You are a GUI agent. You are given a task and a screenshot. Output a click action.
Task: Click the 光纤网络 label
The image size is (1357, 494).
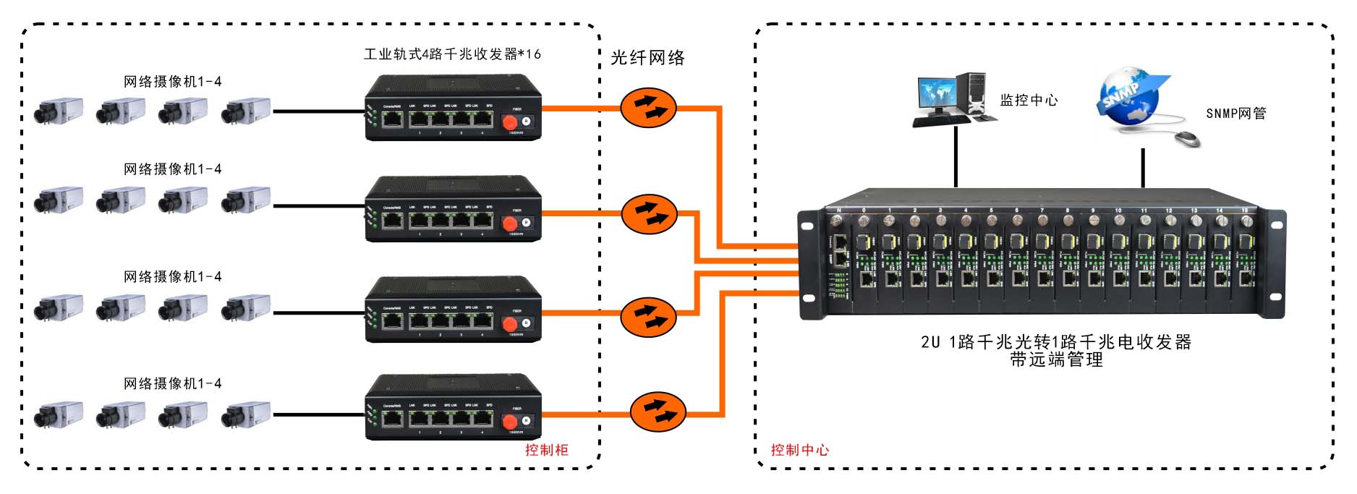647,58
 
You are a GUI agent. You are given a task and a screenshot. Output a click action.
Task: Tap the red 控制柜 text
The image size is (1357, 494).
547,450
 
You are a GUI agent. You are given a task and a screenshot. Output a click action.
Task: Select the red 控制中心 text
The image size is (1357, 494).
800,450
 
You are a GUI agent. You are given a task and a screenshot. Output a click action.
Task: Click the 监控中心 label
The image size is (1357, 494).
1029,101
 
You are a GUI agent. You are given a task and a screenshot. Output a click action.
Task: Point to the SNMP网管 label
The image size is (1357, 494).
1236,114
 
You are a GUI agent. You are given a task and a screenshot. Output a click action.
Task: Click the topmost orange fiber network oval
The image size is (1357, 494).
648,108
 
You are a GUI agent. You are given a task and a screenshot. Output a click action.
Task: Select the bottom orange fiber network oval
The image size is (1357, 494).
658,411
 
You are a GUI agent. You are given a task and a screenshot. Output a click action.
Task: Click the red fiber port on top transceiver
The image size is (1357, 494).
509,123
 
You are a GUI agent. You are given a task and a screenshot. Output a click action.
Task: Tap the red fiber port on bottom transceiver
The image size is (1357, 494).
509,422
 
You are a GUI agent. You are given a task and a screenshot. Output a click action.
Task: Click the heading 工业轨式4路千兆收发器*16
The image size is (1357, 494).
452,54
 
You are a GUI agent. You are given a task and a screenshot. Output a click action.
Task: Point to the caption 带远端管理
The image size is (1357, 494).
1057,360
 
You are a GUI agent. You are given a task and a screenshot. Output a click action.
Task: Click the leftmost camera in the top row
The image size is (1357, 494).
58,111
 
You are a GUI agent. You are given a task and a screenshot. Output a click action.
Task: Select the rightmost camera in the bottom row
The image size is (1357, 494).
246,414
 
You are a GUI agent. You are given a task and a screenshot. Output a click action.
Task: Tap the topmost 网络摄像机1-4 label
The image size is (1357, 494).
172,82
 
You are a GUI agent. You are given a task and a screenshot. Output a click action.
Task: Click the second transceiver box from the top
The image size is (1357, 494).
454,210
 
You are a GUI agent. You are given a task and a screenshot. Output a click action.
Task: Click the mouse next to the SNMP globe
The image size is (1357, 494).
1188,137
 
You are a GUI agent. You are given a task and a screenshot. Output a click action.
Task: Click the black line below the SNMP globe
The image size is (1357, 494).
1143,169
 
